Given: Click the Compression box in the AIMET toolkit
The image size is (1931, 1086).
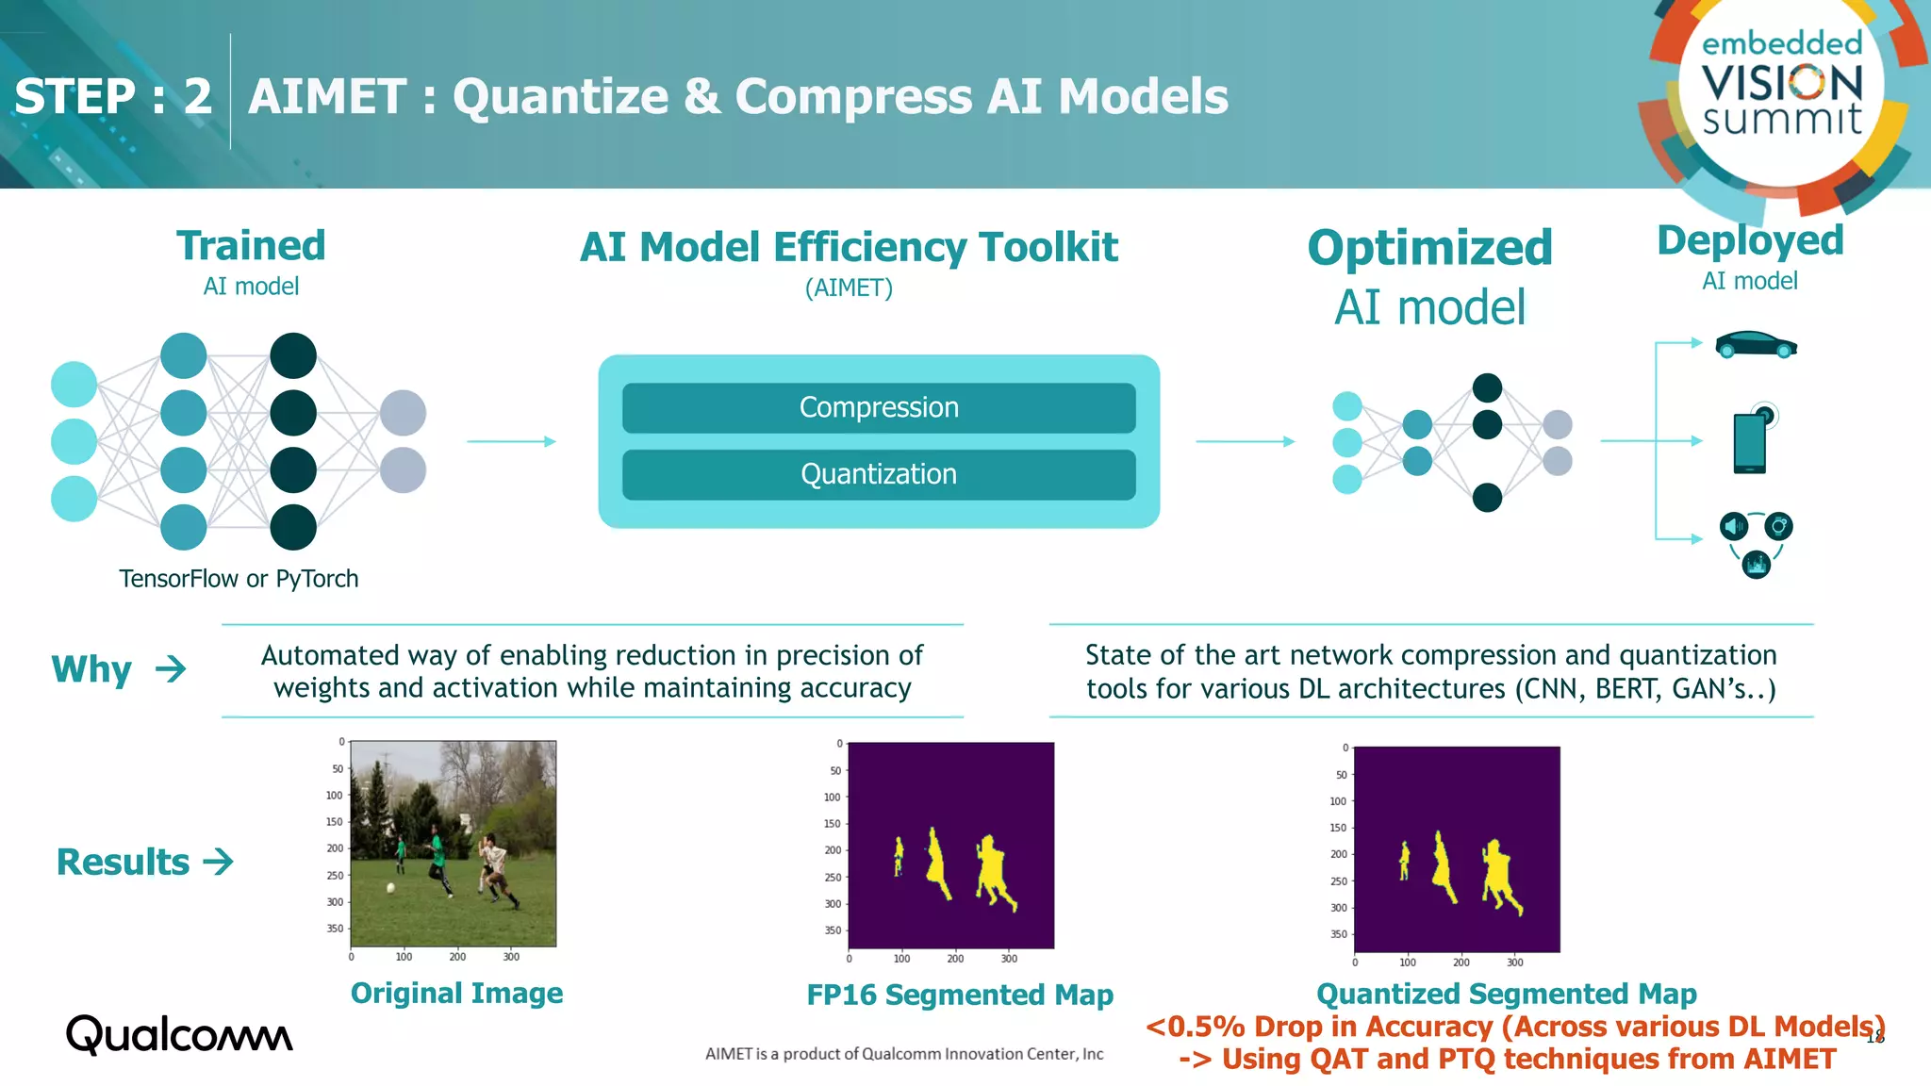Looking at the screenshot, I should [879, 407].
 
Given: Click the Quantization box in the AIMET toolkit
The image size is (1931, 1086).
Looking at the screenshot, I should [879, 474].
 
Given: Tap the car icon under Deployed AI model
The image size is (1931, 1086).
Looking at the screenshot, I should [1755, 345].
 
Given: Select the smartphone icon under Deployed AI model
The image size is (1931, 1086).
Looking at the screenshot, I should [1750, 442].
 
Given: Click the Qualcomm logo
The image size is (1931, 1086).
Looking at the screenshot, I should [179, 1035].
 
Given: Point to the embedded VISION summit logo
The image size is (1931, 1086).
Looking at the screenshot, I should [1781, 85].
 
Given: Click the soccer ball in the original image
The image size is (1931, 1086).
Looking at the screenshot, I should [390, 888].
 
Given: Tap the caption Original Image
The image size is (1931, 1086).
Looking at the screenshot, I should [456, 993].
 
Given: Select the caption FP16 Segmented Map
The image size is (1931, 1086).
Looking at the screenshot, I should [960, 995].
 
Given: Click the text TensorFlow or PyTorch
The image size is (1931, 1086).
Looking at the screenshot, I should [239, 578].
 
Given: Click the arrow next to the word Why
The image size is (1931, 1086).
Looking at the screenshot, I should [171, 669].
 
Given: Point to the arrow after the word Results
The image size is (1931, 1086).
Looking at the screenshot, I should [218, 862].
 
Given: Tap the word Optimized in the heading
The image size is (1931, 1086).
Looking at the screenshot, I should [1429, 248].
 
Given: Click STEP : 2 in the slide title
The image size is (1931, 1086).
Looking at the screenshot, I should [113, 96].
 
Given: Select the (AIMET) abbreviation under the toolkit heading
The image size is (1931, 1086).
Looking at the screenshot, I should [849, 288].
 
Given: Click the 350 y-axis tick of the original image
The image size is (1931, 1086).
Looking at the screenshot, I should [335, 929].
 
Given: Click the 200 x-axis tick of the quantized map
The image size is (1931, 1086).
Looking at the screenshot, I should [1461, 963].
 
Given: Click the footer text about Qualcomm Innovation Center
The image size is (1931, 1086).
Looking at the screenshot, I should [904, 1054].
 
